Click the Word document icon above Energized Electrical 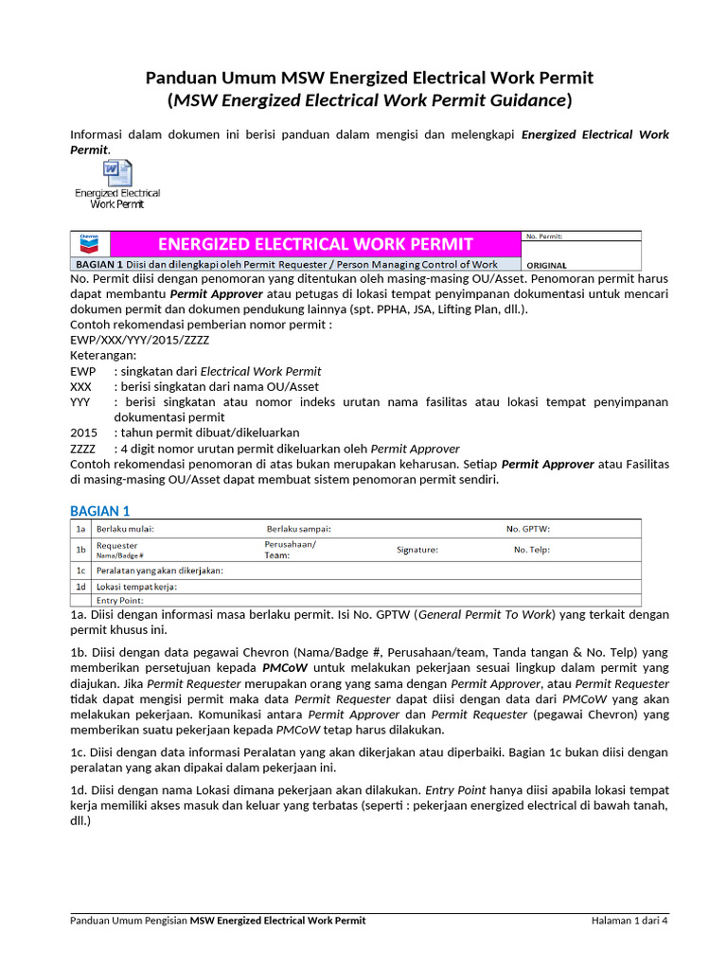click(117, 173)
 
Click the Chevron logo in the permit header click(90, 242)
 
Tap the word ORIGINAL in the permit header click(546, 266)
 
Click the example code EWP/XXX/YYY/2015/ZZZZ click(140, 339)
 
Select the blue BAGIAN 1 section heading click(100, 511)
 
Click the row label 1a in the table click(81, 529)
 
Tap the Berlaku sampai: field click(298, 529)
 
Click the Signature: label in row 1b click(417, 550)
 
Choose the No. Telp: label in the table click(531, 550)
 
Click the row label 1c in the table click(81, 571)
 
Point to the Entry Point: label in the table click(119, 600)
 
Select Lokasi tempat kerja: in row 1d click(136, 587)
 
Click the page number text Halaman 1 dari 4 click(629, 920)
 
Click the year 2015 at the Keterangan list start click(83, 432)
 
